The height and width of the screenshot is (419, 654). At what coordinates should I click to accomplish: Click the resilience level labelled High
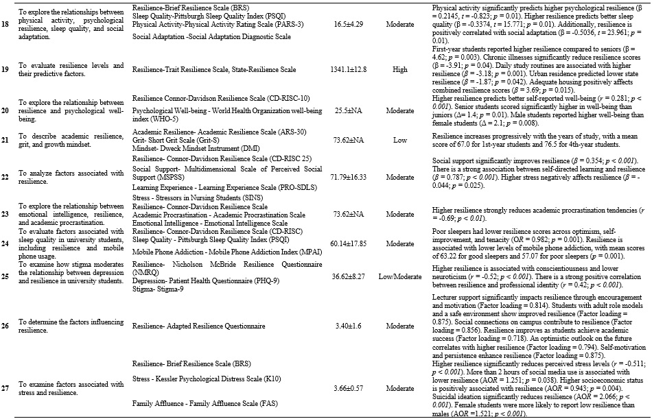(399, 69)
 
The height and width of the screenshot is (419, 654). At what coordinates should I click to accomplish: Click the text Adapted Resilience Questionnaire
(198, 324)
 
